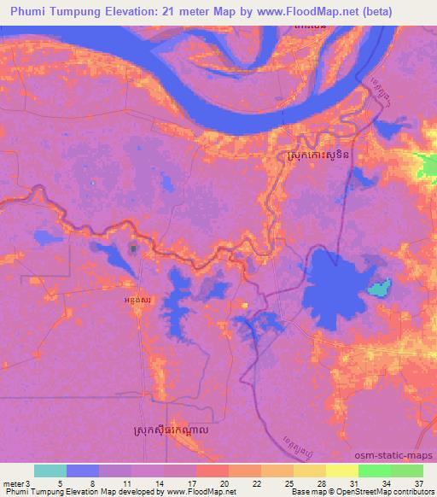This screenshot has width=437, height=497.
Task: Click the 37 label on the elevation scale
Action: (419, 482)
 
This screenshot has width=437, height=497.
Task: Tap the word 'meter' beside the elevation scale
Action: (13, 482)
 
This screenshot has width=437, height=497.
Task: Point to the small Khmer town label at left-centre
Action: (138, 300)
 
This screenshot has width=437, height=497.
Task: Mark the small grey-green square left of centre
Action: (134, 248)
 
